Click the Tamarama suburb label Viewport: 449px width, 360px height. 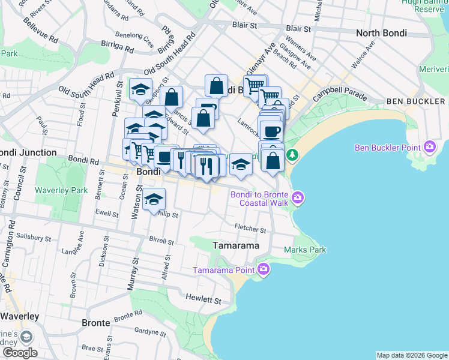point(237,246)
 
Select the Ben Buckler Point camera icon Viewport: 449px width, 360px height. point(429,146)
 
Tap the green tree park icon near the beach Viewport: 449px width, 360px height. point(292,155)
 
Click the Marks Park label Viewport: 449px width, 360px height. point(305,250)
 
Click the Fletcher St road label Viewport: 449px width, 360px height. point(250,229)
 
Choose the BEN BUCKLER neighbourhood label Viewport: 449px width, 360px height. point(416,101)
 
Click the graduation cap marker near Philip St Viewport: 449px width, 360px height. point(154,199)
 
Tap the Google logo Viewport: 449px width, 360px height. point(20,353)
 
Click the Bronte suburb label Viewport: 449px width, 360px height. point(96,323)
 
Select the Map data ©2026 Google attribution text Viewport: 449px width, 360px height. point(412,355)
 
